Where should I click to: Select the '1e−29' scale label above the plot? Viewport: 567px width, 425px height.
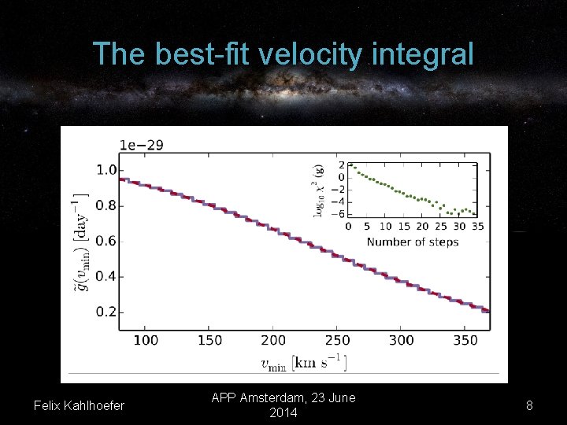[x=142, y=145]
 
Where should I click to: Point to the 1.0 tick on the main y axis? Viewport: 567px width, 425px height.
[x=106, y=170]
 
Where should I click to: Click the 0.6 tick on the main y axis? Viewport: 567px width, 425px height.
[x=106, y=241]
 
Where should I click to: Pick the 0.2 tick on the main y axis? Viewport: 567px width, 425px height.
[x=106, y=312]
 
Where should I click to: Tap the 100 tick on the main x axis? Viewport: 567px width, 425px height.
[x=146, y=340]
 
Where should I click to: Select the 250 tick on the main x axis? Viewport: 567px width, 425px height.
[x=337, y=340]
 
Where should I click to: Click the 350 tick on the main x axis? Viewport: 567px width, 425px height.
[x=465, y=340]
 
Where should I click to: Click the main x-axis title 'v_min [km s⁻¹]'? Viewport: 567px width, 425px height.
[x=303, y=362]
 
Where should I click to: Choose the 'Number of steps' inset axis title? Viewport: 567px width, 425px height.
[x=413, y=242]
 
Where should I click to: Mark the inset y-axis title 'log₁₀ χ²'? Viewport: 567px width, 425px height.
[x=318, y=191]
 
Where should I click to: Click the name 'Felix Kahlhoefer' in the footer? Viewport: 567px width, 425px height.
[x=79, y=405]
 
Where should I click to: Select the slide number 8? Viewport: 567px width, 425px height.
[x=529, y=405]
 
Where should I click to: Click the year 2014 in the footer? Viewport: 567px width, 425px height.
[x=283, y=412]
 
